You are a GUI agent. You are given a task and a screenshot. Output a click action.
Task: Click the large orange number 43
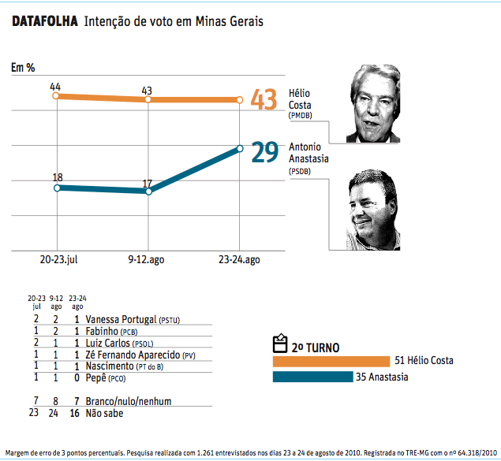click(x=264, y=101)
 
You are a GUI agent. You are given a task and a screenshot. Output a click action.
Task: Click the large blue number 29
click(x=264, y=151)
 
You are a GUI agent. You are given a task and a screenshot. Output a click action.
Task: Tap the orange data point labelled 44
click(x=56, y=96)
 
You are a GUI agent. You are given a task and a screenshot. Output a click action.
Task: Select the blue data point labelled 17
click(x=148, y=191)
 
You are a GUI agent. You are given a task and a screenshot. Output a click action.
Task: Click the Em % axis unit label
click(x=23, y=68)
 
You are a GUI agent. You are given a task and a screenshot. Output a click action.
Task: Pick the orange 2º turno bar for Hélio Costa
click(x=331, y=361)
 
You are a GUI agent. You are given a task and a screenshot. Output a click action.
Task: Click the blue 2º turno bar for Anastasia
click(x=311, y=377)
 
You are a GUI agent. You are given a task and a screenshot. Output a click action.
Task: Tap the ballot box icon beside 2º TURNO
click(x=279, y=344)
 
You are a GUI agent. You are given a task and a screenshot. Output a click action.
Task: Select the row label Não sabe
click(x=104, y=412)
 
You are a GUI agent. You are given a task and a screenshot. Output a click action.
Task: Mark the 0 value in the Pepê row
click(x=77, y=378)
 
